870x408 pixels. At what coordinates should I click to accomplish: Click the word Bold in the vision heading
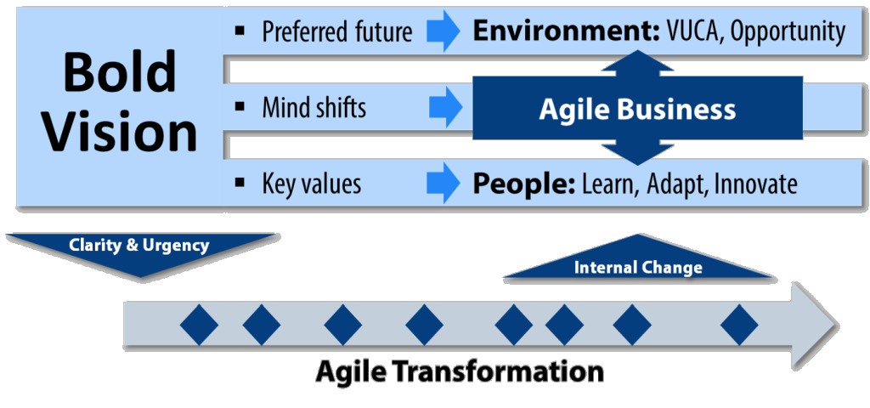coord(120,73)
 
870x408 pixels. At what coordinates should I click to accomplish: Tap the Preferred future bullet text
coord(337,31)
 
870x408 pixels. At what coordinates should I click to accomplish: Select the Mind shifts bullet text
coord(314,108)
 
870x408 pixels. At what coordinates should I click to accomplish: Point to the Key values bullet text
coord(311,184)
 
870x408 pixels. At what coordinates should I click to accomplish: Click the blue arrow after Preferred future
coord(443,31)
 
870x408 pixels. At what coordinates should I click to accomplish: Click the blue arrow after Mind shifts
coord(445,107)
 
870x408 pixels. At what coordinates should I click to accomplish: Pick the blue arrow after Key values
coord(443,184)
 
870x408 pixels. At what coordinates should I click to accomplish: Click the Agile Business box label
coord(637,110)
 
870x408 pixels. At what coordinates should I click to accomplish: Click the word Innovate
coord(755,184)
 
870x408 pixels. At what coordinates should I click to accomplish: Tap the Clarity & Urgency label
coord(138,245)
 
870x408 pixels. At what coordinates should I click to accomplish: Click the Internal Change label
coord(638,268)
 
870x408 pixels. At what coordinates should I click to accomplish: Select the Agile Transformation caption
coord(460,371)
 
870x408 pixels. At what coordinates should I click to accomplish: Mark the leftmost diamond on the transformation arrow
coord(199,325)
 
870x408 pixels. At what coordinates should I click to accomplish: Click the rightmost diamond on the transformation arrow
coord(739,325)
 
